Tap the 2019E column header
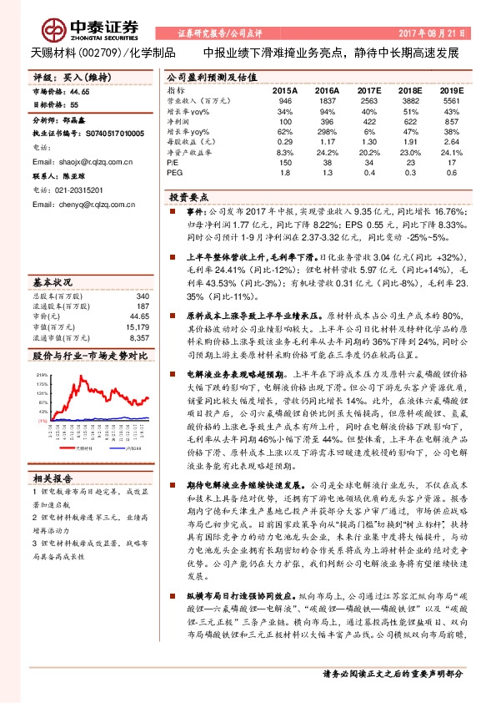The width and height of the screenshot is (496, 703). [450, 89]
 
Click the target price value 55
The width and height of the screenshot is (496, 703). [74, 104]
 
